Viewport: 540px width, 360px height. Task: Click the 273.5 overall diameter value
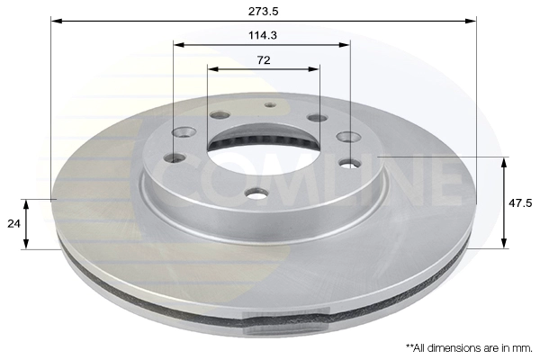point(262,12)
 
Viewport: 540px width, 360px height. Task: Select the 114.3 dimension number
point(262,37)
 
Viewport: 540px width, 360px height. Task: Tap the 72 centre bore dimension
point(263,60)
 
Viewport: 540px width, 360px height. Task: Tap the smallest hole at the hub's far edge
point(269,104)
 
